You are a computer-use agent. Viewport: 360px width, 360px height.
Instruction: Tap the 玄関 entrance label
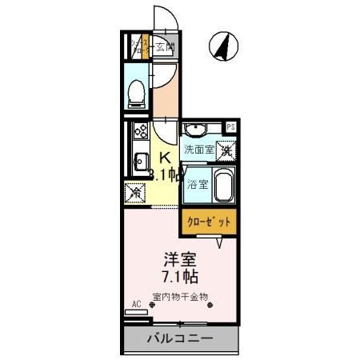pyautogui.click(x=165, y=46)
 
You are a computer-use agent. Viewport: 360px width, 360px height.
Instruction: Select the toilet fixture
pyautogui.click(x=135, y=94)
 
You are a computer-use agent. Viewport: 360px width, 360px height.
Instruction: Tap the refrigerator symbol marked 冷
pyautogui.click(x=135, y=193)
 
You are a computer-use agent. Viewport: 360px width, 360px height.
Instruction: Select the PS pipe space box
pyautogui.click(x=230, y=127)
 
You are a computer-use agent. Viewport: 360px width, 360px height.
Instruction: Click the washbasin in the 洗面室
pyautogui.click(x=194, y=131)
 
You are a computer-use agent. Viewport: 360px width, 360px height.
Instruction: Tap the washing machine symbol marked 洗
pyautogui.click(x=226, y=149)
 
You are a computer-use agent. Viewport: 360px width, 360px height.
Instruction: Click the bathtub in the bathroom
pyautogui.click(x=223, y=186)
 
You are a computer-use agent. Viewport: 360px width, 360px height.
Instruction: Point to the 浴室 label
pyautogui.click(x=197, y=183)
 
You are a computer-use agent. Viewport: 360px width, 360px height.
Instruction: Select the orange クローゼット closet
pyautogui.click(x=208, y=221)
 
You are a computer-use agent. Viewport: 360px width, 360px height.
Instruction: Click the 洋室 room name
pyautogui.click(x=180, y=260)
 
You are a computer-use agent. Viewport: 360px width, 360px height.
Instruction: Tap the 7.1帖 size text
pyautogui.click(x=180, y=277)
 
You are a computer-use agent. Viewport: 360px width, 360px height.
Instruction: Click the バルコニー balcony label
pyautogui.click(x=180, y=339)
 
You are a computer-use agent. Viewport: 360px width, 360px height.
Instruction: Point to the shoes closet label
pyautogui.click(x=137, y=46)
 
